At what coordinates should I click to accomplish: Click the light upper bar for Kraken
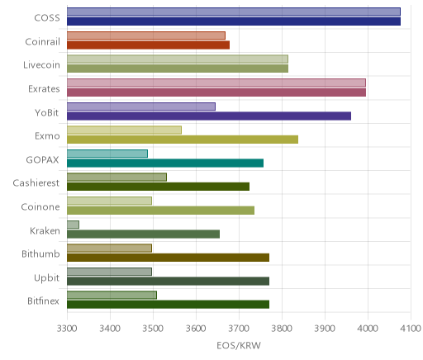73,225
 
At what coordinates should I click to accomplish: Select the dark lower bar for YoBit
209,116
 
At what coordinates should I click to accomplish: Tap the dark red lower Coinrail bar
148,45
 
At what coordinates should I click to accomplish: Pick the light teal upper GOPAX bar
107,154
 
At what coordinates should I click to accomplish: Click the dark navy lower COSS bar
234,21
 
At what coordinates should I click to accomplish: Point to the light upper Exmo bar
124,130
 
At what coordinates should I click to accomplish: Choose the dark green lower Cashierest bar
158,187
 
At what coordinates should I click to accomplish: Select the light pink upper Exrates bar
216,83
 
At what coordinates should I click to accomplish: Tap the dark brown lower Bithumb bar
168,258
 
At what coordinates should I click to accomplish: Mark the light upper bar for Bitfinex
112,296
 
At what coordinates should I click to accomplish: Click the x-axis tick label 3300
67,329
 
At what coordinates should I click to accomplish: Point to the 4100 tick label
411,329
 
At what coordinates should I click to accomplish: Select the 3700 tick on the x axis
239,329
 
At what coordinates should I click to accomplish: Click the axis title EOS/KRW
239,345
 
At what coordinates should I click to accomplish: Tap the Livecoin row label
41,65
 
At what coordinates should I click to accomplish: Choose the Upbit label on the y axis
46,278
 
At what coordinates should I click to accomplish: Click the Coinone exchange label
40,207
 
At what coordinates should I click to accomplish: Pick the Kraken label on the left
45,230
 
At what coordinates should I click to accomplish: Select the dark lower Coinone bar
160,211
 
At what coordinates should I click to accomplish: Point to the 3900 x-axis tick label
325,329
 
